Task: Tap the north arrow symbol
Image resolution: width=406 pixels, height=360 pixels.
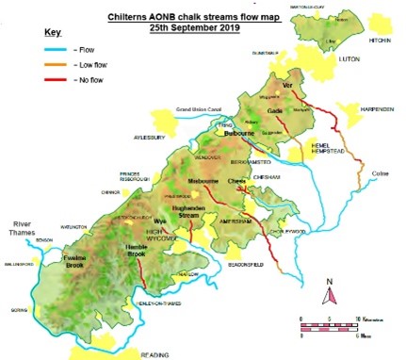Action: coord(329,294)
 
